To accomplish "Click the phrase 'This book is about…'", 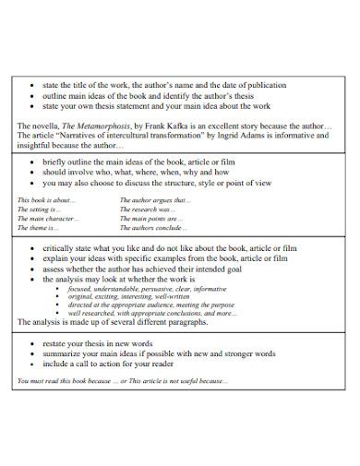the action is [47, 199].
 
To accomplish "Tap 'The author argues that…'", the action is [156, 199].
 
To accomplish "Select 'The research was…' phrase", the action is [148, 209].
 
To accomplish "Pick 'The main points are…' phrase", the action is [152, 218].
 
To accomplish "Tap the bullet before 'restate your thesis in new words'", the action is [32, 343].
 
